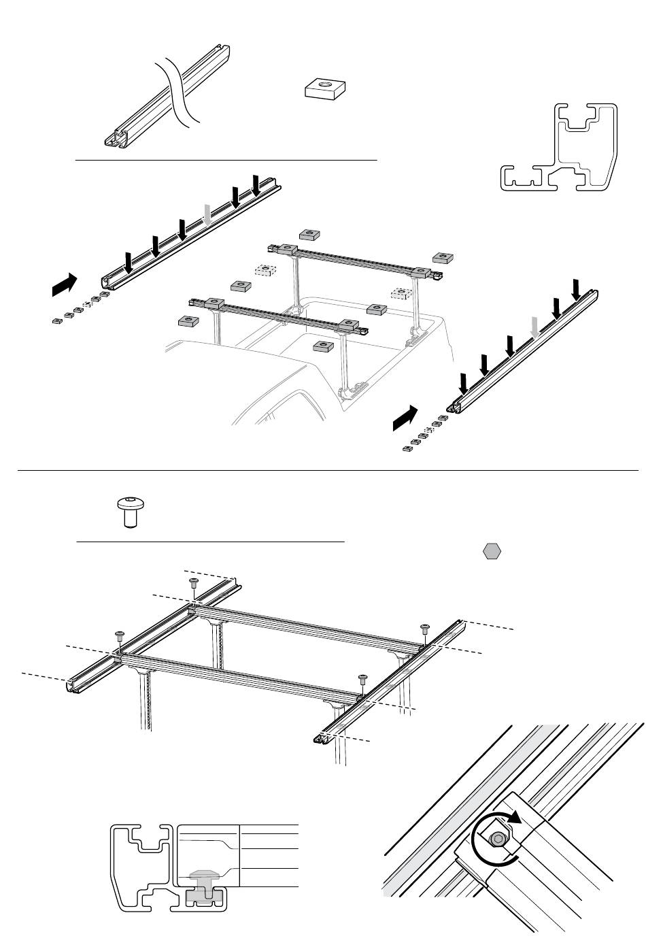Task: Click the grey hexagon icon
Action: click(x=492, y=552)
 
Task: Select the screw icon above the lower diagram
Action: click(x=129, y=511)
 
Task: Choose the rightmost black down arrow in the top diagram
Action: click(x=577, y=288)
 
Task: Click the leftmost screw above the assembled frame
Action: click(x=120, y=637)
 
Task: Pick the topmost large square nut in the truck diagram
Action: click(x=309, y=234)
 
